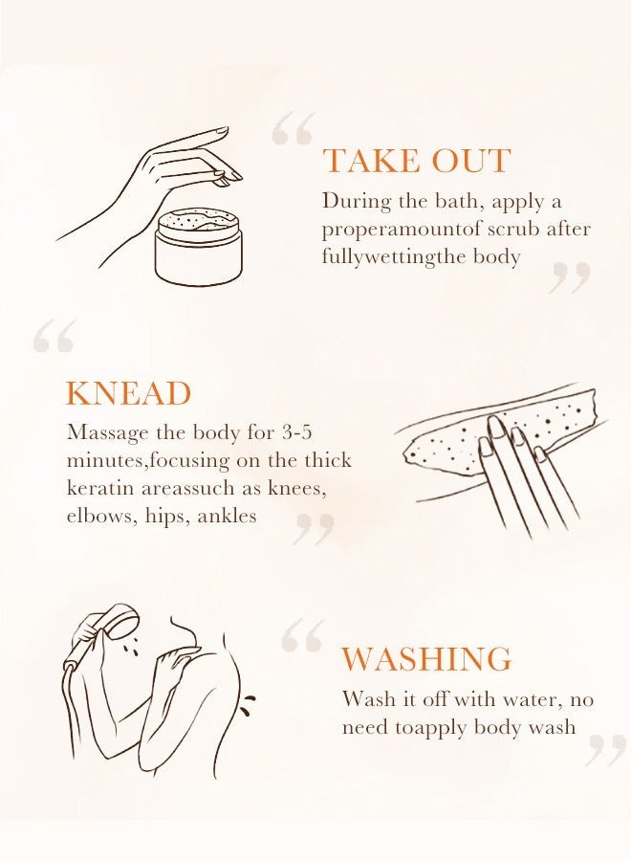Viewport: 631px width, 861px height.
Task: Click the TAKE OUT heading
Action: tap(416, 161)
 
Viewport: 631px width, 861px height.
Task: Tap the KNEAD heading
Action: tap(128, 393)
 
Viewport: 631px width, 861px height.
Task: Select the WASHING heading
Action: tap(426, 659)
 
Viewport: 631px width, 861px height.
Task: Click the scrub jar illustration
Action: tap(199, 247)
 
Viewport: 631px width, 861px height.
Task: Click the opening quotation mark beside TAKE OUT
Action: tap(293, 128)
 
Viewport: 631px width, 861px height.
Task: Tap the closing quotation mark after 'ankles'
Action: tap(314, 529)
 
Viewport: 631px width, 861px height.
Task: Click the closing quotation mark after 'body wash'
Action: tap(605, 750)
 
